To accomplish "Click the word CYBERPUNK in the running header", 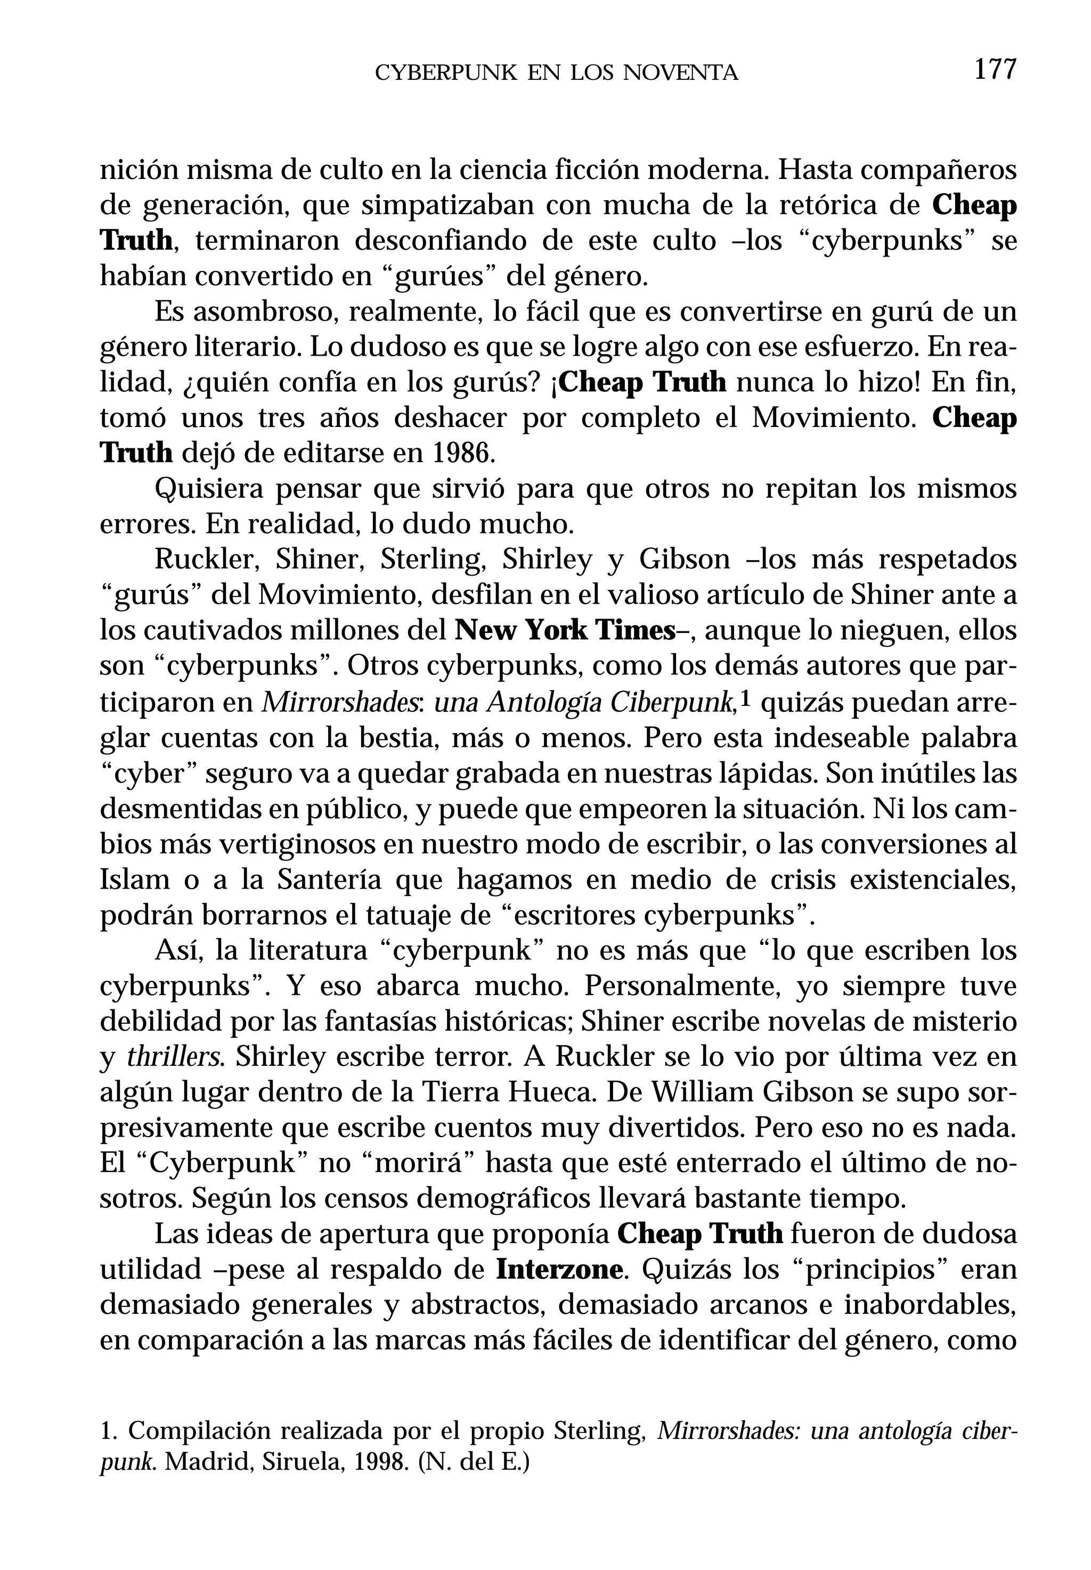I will click(446, 73).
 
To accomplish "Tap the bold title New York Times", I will click(565, 630).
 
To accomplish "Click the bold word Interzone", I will click(560, 1269).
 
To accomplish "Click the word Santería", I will click(330, 879).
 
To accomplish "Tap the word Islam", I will click(134, 879).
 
